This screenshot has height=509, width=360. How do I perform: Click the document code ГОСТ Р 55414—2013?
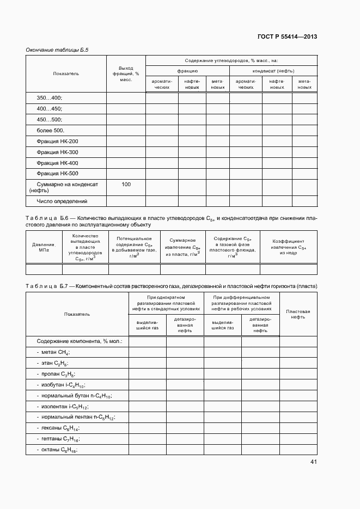click(287, 36)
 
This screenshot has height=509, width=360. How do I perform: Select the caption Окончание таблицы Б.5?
click(57, 50)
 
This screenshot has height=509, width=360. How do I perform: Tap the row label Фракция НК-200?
click(57, 142)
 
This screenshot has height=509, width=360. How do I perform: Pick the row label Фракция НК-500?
click(57, 174)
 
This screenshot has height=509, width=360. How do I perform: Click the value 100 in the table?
click(126, 185)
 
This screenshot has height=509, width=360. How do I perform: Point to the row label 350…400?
click(50, 98)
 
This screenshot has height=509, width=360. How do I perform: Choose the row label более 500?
click(51, 131)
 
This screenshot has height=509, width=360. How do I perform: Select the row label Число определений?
click(62, 201)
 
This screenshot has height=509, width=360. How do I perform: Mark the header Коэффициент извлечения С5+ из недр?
click(288, 246)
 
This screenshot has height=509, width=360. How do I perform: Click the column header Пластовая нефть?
click(298, 314)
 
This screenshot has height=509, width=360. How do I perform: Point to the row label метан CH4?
click(53, 353)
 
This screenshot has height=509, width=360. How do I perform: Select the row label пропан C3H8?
click(56, 375)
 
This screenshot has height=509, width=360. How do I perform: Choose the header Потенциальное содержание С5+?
click(134, 246)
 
